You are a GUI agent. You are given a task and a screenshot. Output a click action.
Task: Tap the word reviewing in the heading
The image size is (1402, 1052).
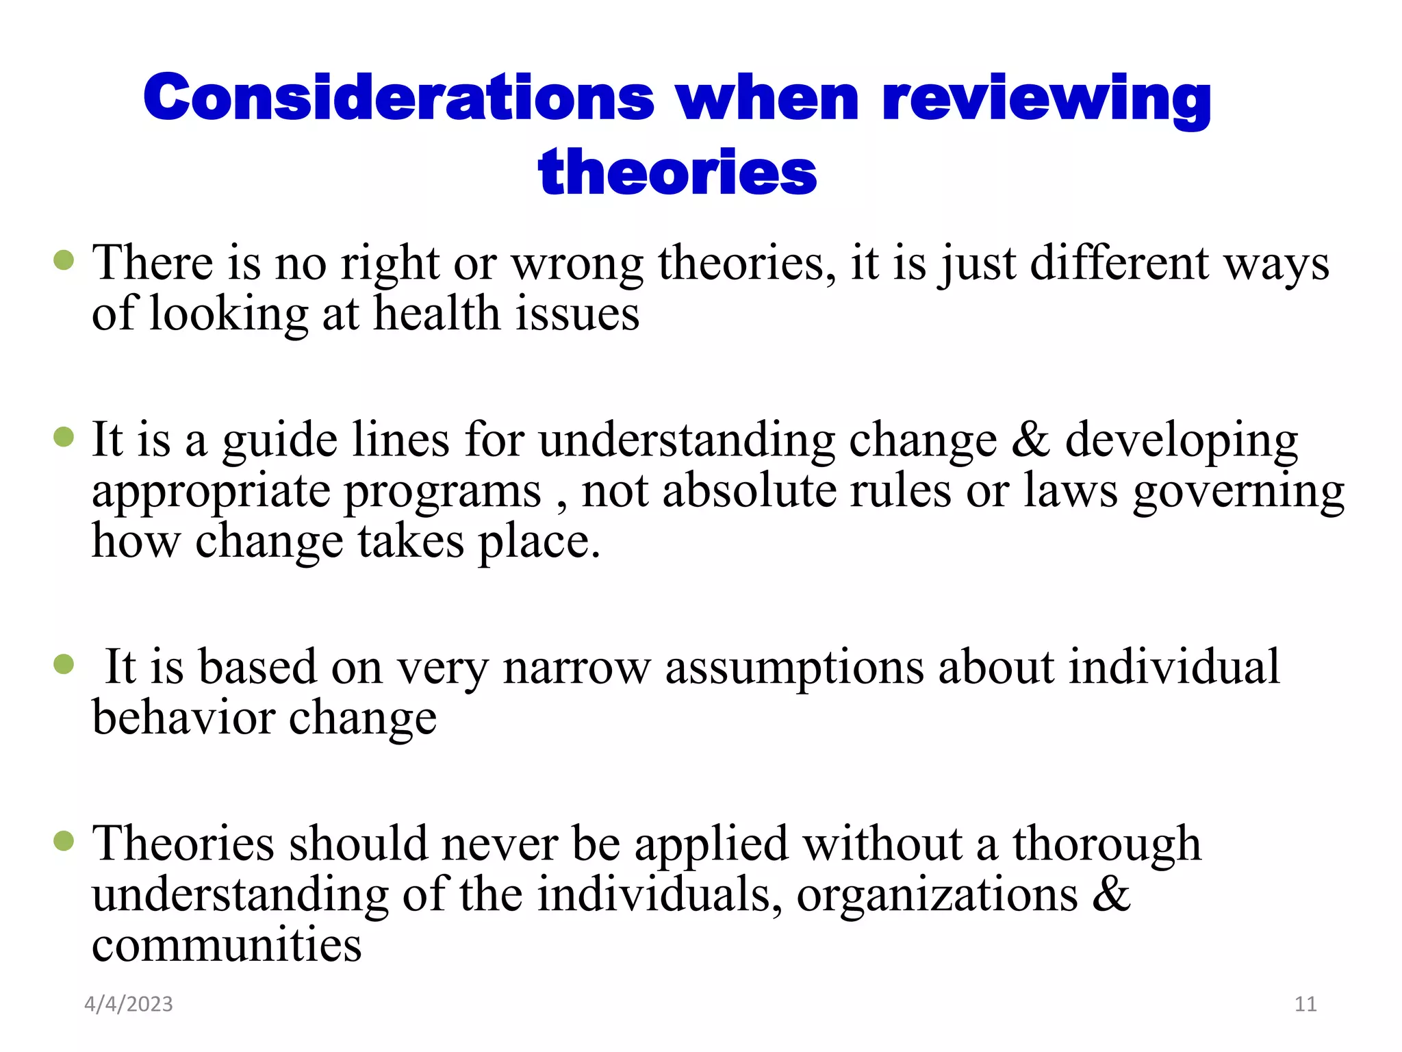(1047, 100)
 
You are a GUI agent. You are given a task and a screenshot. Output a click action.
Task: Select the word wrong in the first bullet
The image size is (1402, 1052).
(577, 264)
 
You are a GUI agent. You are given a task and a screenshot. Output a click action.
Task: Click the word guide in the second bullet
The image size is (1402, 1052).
(279, 440)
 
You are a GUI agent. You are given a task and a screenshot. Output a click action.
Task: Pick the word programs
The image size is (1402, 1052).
(442, 492)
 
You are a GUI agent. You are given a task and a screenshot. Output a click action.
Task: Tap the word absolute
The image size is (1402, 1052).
(749, 490)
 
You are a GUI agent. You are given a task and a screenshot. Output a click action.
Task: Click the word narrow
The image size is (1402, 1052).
(576, 667)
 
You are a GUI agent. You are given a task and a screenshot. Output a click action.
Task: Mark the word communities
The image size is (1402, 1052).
(227, 945)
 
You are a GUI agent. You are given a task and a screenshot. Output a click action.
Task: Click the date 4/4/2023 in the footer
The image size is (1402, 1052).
(129, 1004)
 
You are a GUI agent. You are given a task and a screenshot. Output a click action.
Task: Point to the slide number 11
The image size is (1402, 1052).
(1305, 1004)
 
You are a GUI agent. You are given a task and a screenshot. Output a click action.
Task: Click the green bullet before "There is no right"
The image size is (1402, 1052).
(64, 260)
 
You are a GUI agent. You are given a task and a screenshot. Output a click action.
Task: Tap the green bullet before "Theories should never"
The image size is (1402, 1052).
(64, 840)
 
